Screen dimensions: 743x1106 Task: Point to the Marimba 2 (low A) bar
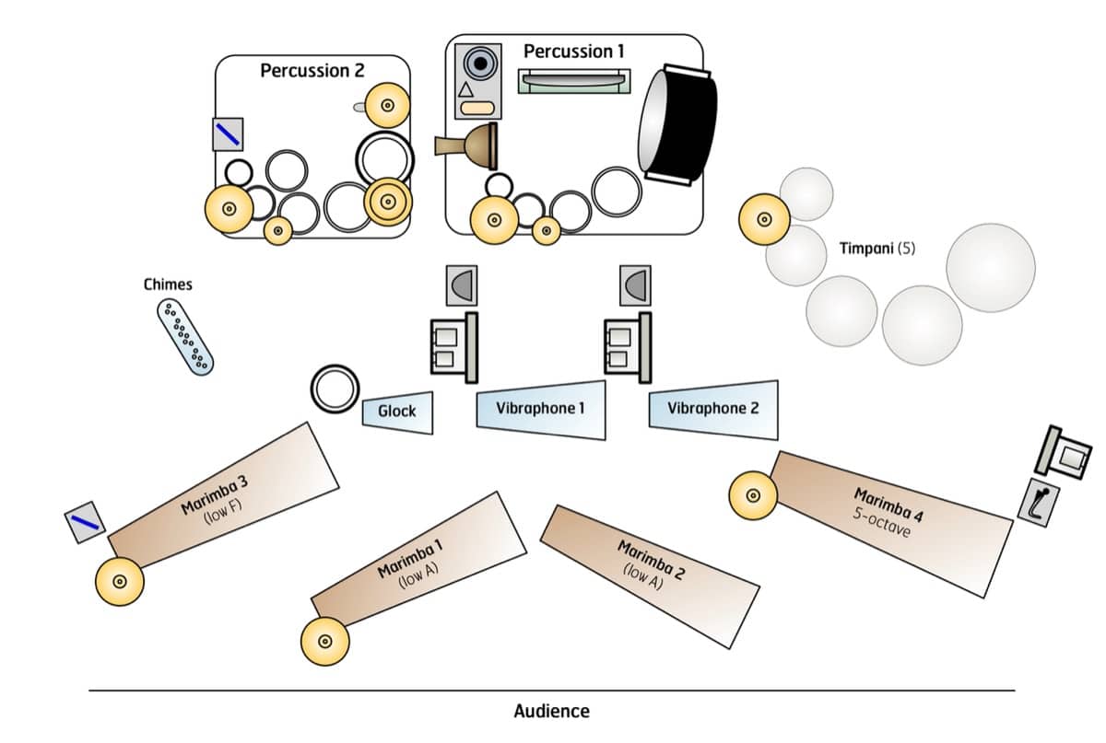click(651, 562)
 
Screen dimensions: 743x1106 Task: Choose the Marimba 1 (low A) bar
click(411, 562)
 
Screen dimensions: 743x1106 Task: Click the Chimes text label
click(168, 284)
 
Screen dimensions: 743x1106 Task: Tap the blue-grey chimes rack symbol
click(186, 336)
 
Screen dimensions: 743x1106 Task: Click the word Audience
click(551, 711)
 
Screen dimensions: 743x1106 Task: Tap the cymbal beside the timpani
click(764, 220)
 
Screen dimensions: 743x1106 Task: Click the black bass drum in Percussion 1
click(680, 123)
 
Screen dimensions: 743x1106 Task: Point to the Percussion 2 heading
click(312, 71)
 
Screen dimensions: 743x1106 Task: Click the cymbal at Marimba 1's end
click(325, 642)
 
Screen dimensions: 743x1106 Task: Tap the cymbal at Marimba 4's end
click(753, 494)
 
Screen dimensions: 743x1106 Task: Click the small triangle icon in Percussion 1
click(465, 90)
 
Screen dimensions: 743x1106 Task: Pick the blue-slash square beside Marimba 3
click(85, 521)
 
